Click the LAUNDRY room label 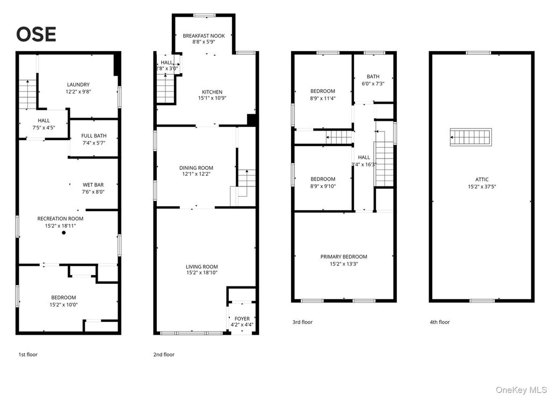click(x=78, y=84)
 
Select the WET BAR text click(x=93, y=184)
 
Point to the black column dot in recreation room click(x=63, y=233)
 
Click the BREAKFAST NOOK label click(x=204, y=36)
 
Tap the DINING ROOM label click(x=196, y=168)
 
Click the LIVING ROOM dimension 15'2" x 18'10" click(x=201, y=273)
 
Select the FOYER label click(x=242, y=319)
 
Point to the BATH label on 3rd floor click(x=373, y=76)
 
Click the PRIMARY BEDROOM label click(x=344, y=257)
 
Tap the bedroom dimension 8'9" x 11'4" click(x=322, y=98)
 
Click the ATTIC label click(x=482, y=179)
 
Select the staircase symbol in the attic click(x=471, y=138)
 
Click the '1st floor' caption click(x=28, y=355)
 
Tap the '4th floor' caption click(x=439, y=322)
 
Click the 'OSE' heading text click(x=36, y=34)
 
